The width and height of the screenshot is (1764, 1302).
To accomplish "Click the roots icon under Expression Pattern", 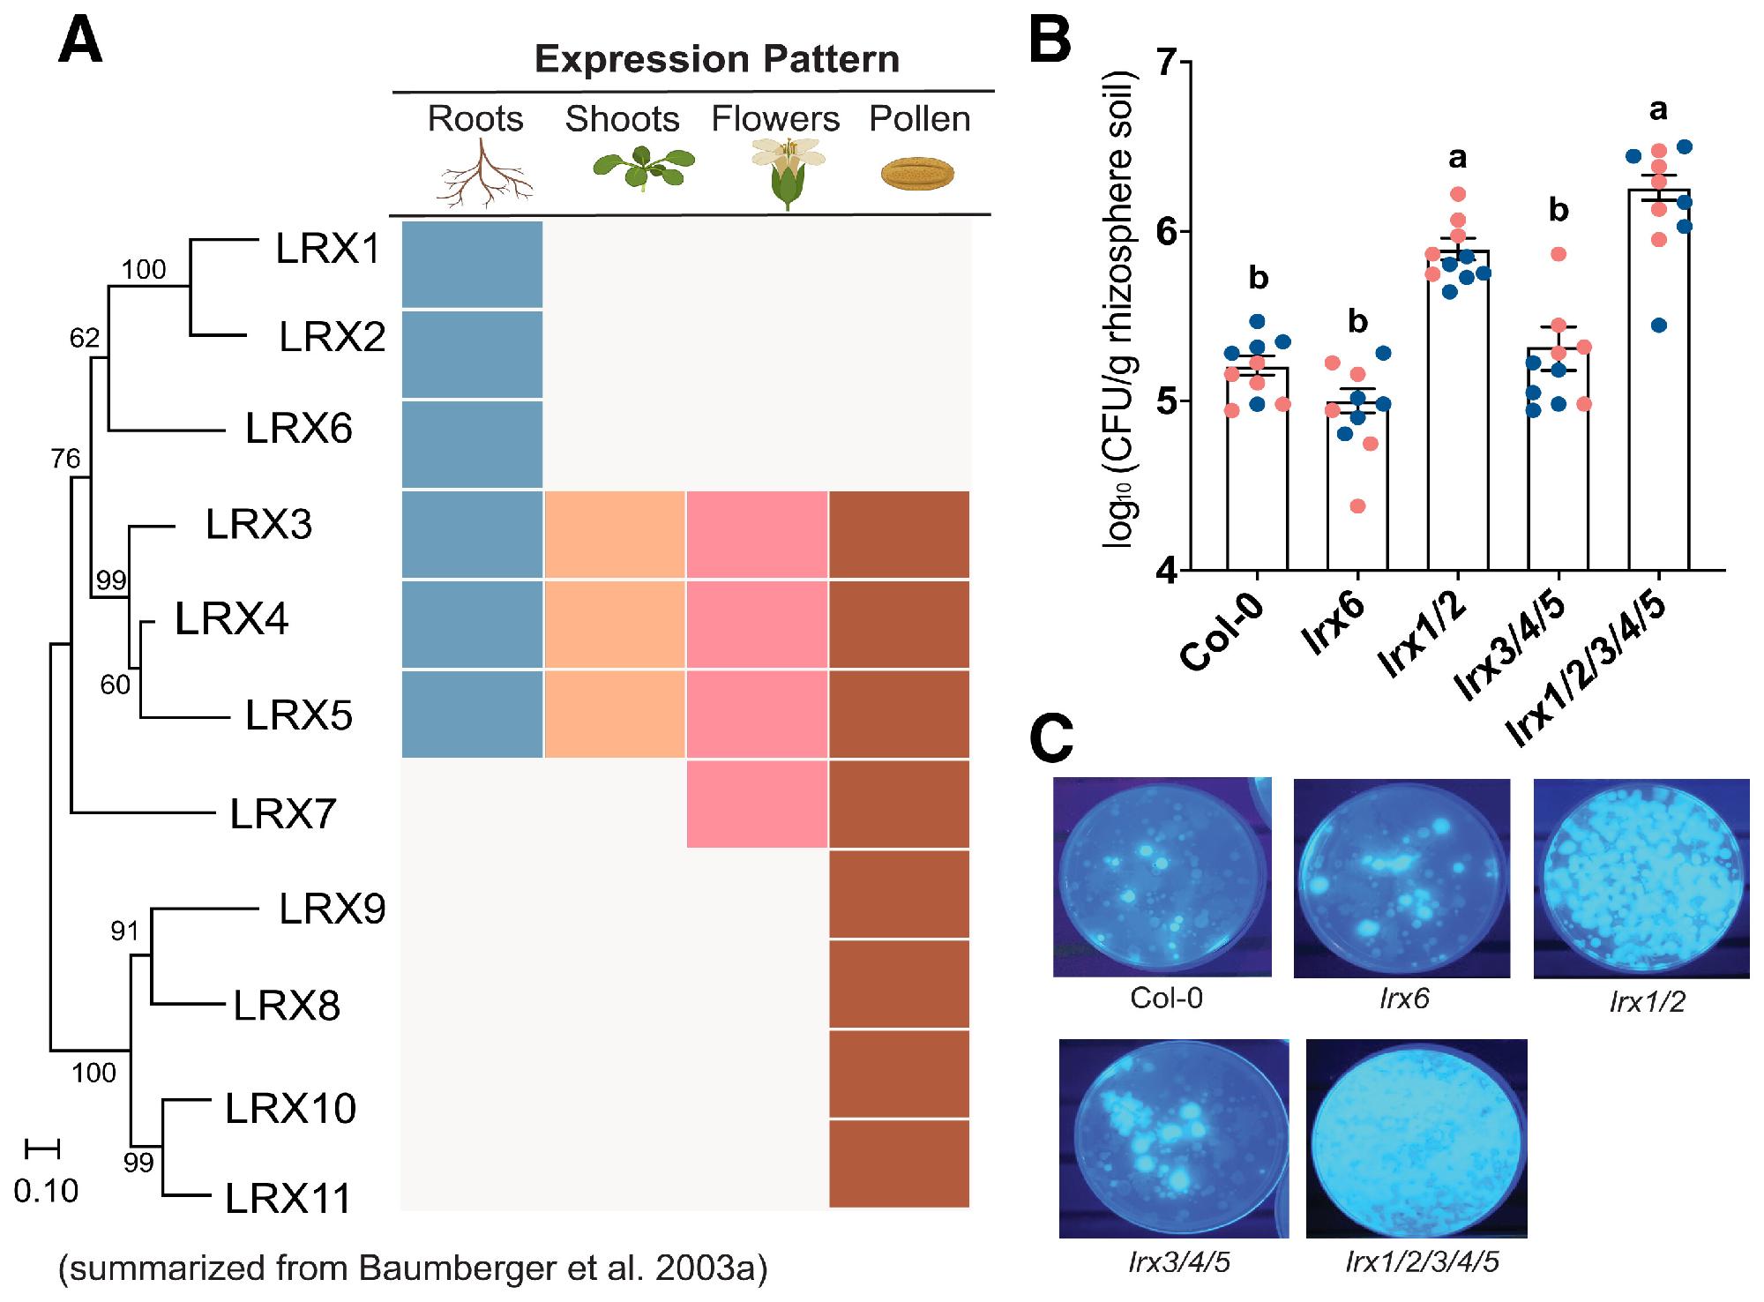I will pyautogui.click(x=484, y=175).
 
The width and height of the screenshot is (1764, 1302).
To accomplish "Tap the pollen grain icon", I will pyautogui.click(x=918, y=173).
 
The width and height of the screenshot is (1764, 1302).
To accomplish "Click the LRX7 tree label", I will pyautogui.click(x=283, y=813).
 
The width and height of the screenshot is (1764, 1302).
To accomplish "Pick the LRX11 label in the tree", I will pyautogui.click(x=288, y=1198).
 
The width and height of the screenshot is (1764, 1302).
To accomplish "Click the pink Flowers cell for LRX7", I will pyautogui.click(x=757, y=804).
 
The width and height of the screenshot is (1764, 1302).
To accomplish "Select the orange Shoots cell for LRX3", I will pyautogui.click(x=615, y=535).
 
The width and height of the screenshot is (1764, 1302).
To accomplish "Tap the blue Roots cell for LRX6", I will pyautogui.click(x=472, y=444).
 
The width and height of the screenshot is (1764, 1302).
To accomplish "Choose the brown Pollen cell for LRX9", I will pyautogui.click(x=899, y=894).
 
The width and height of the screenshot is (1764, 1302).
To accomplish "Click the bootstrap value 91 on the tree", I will pyautogui.click(x=124, y=930).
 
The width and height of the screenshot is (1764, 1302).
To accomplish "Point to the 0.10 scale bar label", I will pyautogui.click(x=46, y=1190).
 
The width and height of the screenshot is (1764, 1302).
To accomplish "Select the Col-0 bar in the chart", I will pyautogui.click(x=1258, y=468).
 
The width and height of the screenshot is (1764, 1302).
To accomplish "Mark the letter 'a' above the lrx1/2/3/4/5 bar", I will pyautogui.click(x=1658, y=109).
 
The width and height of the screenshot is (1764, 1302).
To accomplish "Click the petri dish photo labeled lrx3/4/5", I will pyautogui.click(x=1174, y=1139).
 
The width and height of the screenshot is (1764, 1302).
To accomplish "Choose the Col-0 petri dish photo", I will pyautogui.click(x=1162, y=877).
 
